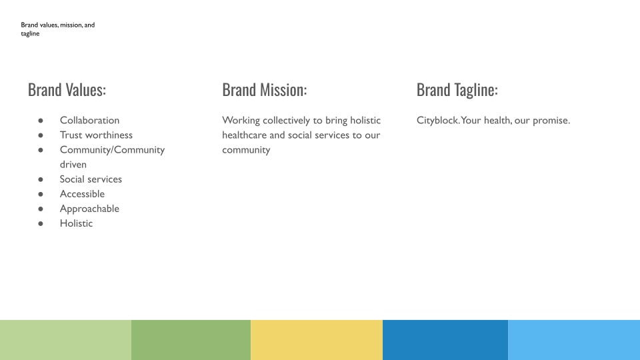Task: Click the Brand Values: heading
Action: (67, 90)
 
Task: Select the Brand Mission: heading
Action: (265, 90)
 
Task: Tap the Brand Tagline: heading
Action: (457, 90)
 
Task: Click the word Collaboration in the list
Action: (89, 121)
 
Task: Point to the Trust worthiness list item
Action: (96, 135)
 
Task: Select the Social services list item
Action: (91, 179)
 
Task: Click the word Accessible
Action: (82, 194)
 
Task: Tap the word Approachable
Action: (89, 209)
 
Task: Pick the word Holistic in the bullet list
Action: (76, 223)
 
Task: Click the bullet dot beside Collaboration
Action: (41, 121)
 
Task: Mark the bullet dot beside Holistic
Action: (41, 224)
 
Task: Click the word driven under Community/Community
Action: (73, 165)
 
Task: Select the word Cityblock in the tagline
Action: (438, 121)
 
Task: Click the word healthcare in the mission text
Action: (244, 135)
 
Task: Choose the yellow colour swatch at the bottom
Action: (317, 340)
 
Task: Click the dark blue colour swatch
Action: (445, 340)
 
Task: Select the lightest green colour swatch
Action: (66, 340)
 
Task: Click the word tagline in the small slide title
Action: (30, 34)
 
